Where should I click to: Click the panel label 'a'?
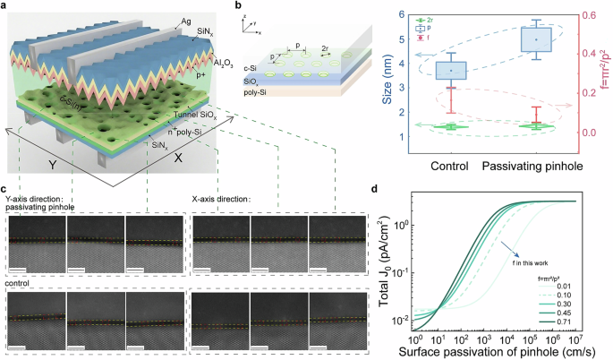pyautogui.click(x=7, y=6)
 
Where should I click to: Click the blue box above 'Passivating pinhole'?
pyautogui.click(x=536, y=40)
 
